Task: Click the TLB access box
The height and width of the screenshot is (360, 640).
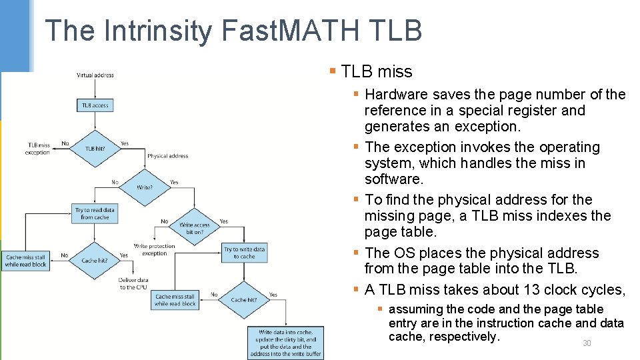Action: [95, 105]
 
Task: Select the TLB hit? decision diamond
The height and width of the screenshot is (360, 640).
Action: [95, 148]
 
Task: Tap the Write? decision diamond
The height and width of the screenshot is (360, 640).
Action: [145, 187]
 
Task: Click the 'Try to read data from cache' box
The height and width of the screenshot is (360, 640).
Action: [95, 213]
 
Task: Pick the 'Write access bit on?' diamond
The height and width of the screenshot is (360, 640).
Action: [194, 229]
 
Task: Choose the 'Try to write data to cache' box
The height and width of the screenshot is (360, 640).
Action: [244, 253]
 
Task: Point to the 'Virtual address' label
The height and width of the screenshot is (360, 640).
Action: [95, 75]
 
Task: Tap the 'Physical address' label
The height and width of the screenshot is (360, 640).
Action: [167, 156]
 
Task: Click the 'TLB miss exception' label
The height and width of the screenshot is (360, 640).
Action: [38, 148]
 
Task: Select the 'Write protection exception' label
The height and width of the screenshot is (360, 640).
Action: [154, 249]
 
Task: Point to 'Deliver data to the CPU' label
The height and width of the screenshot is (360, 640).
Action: [133, 283]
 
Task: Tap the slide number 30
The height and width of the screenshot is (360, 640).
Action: [587, 343]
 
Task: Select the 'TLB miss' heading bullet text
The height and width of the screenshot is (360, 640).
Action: [377, 72]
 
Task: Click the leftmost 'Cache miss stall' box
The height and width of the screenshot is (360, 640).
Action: [26, 261]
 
